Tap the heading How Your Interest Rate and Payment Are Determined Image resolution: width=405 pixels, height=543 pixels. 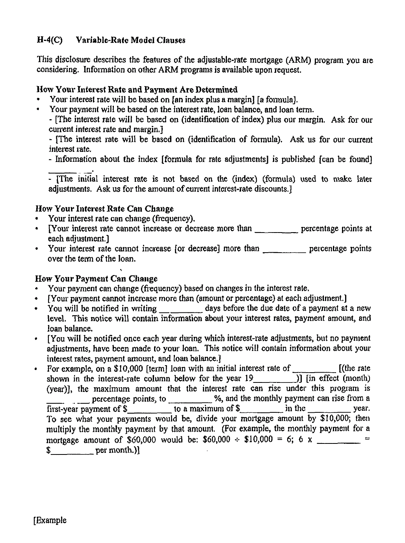point(137,89)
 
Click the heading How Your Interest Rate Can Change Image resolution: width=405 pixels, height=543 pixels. point(104,209)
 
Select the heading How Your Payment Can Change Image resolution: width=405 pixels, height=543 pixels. point(97,279)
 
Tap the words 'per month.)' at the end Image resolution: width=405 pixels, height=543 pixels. point(118,450)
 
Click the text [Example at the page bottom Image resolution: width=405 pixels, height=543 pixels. point(50,521)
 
